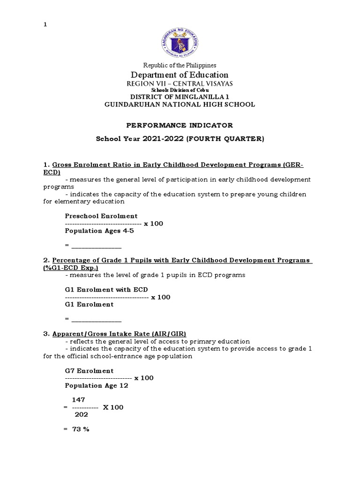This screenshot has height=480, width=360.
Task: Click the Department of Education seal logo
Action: click(180, 39)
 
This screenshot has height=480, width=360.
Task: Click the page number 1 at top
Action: click(45, 25)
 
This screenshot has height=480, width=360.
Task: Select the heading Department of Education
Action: click(180, 75)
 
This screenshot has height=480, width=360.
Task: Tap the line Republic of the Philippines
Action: click(180, 65)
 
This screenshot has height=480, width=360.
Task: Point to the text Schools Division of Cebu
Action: click(180, 90)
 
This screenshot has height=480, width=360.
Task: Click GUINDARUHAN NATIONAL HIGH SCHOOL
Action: click(180, 105)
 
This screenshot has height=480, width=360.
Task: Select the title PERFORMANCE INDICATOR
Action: click(180, 125)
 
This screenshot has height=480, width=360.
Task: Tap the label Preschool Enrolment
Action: click(101, 216)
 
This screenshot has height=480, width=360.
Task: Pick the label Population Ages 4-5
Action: click(99, 231)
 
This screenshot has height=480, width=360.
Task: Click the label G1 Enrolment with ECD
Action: click(106, 290)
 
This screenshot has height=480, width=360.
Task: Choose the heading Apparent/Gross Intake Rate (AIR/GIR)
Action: click(119, 334)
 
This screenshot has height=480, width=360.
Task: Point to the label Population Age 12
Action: click(97, 385)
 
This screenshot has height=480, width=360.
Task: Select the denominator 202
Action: click(81, 414)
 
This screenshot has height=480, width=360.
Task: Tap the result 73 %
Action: click(80, 429)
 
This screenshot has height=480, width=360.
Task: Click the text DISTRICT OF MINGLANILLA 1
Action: click(180, 97)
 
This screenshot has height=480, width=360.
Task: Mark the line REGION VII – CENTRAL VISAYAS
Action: click(180, 83)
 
